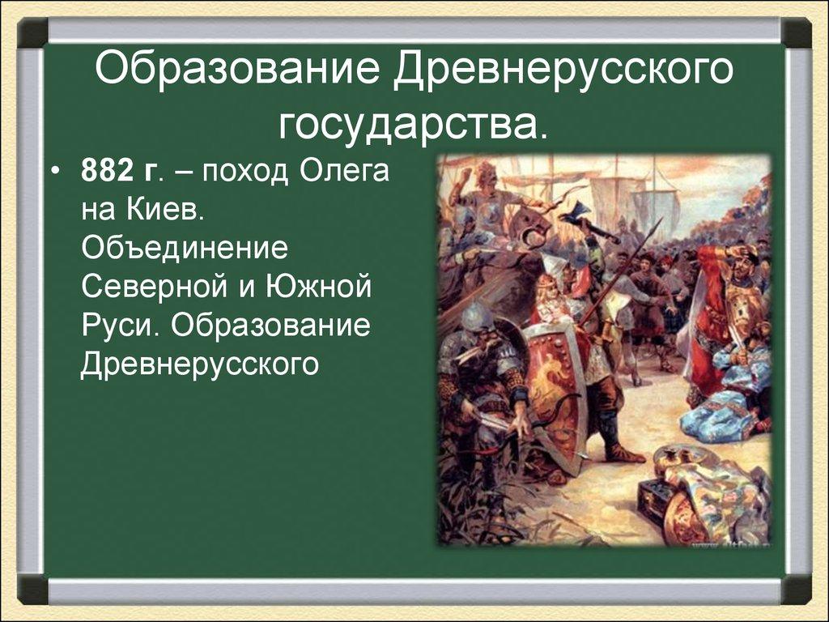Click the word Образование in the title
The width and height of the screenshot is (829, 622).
tap(237, 68)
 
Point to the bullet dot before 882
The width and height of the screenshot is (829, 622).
tap(55, 172)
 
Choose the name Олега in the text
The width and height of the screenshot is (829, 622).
tap(344, 172)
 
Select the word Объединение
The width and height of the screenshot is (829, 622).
tap(185, 249)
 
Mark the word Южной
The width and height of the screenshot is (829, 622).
tap(317, 288)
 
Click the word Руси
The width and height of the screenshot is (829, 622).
tap(120, 326)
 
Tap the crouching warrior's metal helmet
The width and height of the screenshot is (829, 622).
tap(474, 317)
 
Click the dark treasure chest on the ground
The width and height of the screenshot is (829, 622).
tap(654, 497)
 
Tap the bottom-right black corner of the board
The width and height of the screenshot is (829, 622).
tap(797, 590)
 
